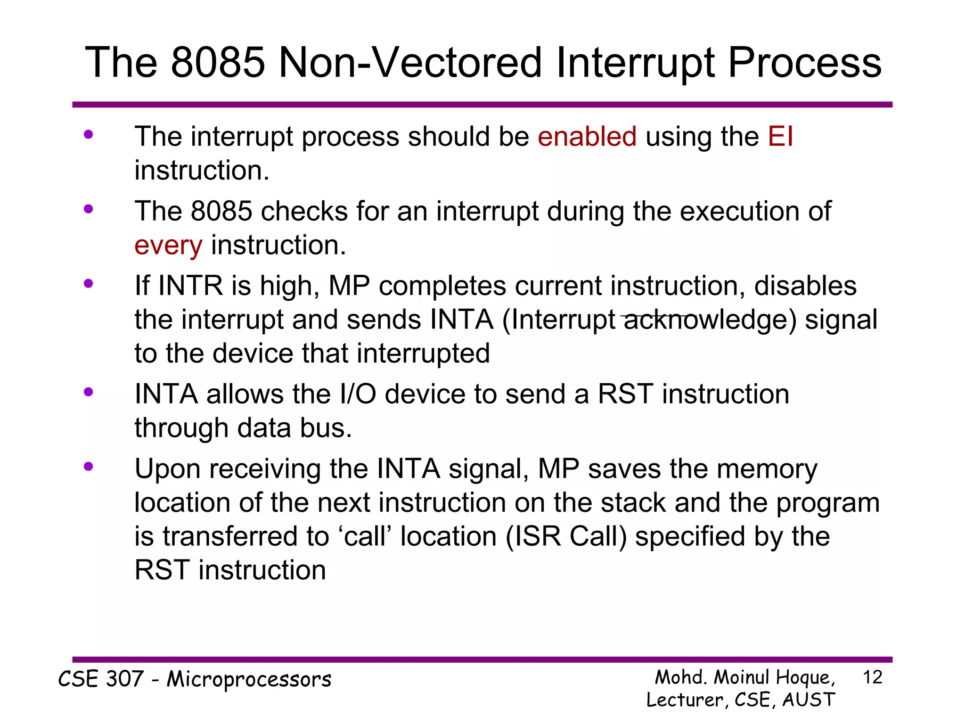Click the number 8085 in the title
click(218, 63)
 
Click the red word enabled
click(587, 137)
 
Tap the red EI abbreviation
click(780, 137)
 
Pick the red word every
click(168, 246)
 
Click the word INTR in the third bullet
click(190, 286)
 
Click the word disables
click(805, 286)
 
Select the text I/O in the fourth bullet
click(358, 394)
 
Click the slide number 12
click(872, 677)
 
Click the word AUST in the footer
click(809, 699)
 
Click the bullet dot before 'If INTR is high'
click(88, 284)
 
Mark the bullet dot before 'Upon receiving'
click(88, 467)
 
